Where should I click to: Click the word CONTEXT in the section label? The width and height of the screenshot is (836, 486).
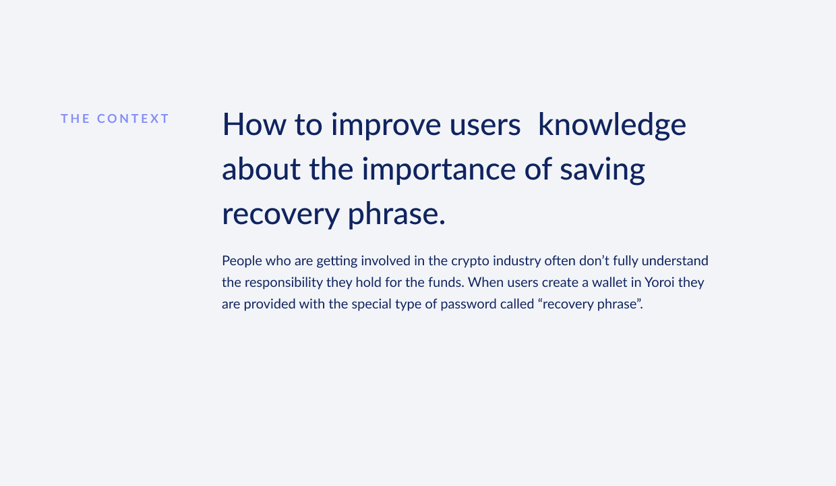133,118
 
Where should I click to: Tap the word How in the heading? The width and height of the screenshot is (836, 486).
254,124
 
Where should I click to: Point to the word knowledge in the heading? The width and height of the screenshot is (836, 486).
612,125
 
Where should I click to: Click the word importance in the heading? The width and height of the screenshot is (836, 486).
439,170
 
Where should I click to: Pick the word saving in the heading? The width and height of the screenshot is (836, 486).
602,170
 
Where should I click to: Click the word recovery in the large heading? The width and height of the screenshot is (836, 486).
280,215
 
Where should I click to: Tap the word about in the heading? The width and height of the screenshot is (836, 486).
262,169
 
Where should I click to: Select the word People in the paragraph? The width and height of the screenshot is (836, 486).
242,261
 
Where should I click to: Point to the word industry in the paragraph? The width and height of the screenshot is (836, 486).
517,261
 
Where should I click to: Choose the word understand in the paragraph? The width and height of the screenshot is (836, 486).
675,261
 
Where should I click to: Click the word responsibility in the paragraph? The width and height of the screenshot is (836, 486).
284,282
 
